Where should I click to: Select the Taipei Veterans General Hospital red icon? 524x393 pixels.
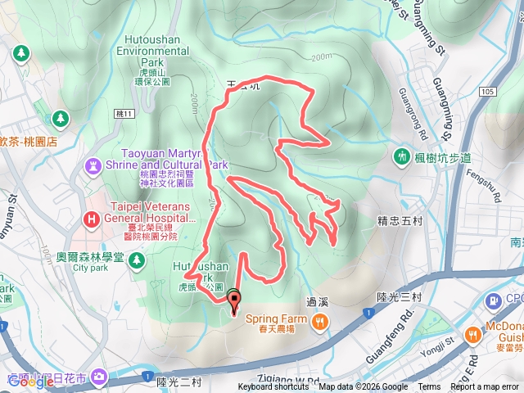point(91,219)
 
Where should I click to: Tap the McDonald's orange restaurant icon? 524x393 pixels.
point(473,334)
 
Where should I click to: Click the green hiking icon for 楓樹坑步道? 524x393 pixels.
point(402,155)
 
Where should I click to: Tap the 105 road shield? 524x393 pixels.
point(489,91)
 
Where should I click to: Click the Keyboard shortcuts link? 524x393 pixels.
point(273,387)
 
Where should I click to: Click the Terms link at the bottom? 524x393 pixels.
point(429,387)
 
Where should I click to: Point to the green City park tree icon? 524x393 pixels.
point(137,260)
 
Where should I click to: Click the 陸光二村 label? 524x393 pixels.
point(178,382)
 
